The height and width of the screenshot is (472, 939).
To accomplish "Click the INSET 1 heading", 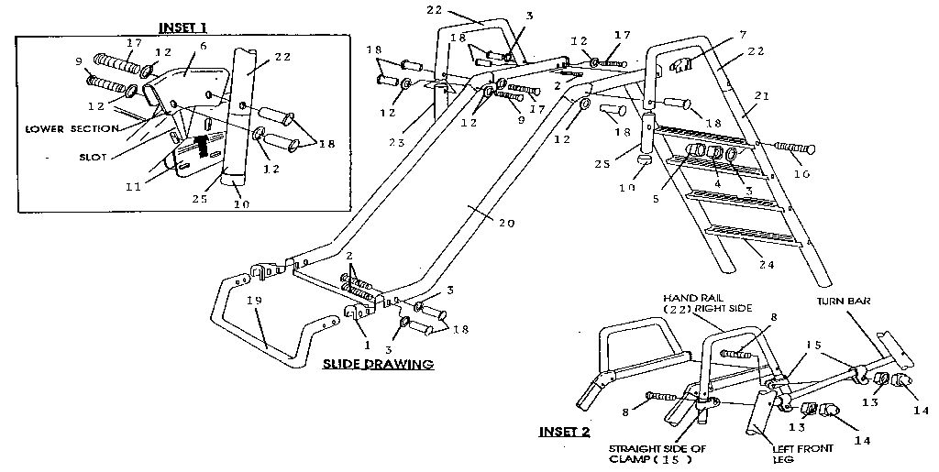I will coord(183,25).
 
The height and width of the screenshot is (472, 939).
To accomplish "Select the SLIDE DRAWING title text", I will coord(377,364).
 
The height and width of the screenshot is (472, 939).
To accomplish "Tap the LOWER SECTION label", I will coord(71,129).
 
